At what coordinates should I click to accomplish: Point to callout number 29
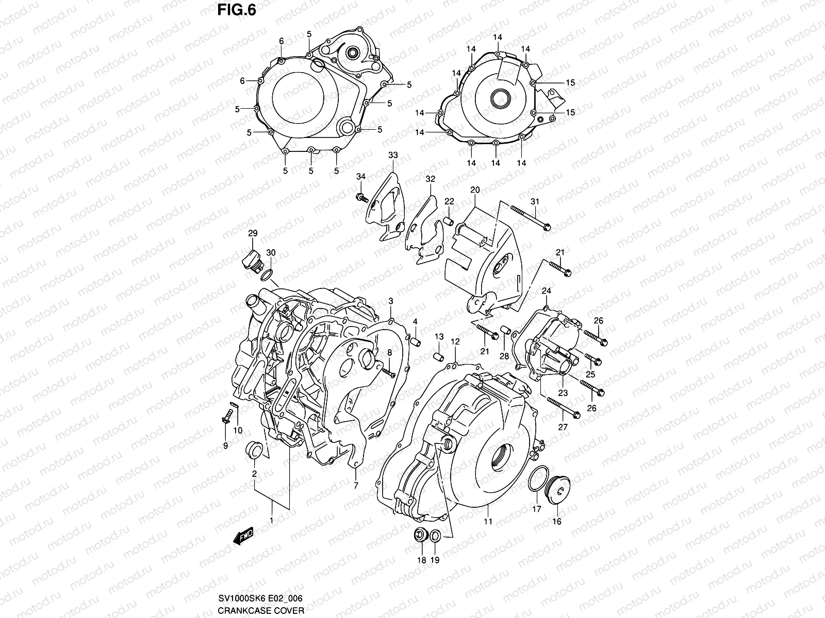[x=252, y=234]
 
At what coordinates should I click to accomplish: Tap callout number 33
[x=393, y=154]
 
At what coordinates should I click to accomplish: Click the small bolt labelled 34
[x=361, y=197]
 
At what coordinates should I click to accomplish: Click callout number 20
[x=475, y=190]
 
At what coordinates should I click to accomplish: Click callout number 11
[x=488, y=521]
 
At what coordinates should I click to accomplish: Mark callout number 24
[x=547, y=291]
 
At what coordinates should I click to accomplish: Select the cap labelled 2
[x=255, y=450]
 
